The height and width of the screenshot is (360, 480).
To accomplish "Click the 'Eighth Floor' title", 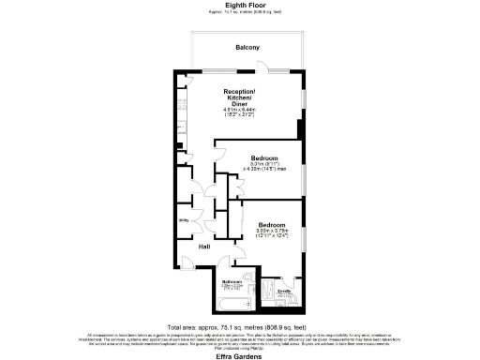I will coord(240,5).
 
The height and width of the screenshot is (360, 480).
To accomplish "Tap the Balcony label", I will coord(247,47).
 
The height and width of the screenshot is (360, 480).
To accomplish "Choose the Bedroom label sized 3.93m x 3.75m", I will coord(272,226).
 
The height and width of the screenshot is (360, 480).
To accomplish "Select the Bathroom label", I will coord(232,281).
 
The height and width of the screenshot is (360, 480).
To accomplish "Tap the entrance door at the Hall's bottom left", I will coord(187,263).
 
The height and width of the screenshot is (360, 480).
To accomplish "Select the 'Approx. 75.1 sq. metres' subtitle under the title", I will coord(240,12).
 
